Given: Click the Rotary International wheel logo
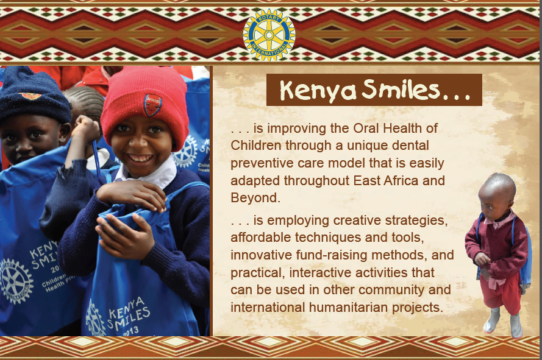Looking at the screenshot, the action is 269,35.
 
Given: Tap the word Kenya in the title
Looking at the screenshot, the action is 318,91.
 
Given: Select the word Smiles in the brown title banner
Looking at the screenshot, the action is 401,90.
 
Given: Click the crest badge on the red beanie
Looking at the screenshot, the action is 152,105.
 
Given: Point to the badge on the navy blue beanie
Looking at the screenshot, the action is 30,96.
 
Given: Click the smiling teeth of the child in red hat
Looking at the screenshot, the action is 140,158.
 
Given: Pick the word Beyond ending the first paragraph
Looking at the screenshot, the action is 255,197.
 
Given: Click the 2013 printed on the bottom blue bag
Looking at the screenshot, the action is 131,331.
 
